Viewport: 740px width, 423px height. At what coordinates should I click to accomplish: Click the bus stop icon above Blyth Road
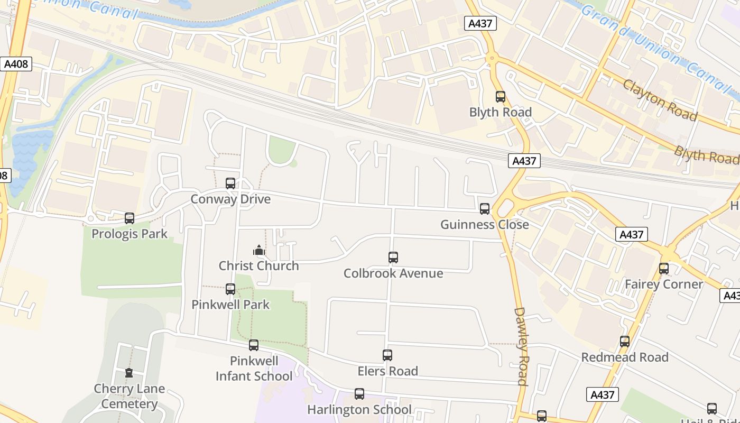(501, 97)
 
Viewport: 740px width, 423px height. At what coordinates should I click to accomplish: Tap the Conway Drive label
(230, 199)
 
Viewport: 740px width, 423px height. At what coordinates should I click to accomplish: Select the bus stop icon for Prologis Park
(129, 218)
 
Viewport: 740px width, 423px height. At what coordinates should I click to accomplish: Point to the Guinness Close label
(485, 224)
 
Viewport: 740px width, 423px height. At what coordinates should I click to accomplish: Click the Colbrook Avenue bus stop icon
(393, 258)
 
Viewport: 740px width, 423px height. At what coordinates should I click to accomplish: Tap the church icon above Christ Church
(259, 250)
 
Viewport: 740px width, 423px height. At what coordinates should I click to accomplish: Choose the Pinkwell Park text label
(230, 305)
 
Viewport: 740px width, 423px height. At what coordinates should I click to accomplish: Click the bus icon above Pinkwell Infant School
(254, 345)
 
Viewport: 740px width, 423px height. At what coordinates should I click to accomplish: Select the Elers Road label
(388, 371)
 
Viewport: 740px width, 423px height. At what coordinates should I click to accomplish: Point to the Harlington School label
(359, 409)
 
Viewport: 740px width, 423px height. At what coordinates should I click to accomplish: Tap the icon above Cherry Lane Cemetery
(129, 373)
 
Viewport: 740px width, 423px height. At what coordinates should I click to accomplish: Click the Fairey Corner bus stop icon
(664, 269)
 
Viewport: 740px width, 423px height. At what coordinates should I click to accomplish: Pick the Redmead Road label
(625, 357)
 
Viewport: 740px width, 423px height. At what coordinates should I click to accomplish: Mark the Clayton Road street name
(660, 100)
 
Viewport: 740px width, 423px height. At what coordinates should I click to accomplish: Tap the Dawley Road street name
(521, 346)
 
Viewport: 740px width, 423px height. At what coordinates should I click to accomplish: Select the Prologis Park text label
(129, 234)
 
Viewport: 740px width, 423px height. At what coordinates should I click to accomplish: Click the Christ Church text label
(259, 265)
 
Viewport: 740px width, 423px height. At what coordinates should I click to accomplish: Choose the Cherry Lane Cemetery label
(129, 396)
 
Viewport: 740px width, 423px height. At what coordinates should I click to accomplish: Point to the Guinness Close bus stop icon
(485, 209)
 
